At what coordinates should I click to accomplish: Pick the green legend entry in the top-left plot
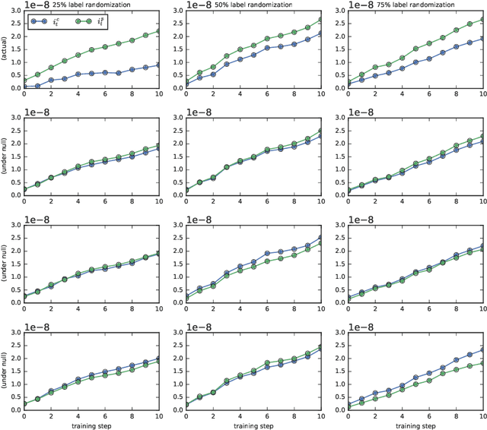[x=90, y=22]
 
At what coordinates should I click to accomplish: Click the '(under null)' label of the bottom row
[x=5, y=373]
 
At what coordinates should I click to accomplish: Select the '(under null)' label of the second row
[x=5, y=159]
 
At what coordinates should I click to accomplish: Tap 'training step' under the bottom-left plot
[x=91, y=424]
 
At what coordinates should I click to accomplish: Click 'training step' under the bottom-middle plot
[x=253, y=424]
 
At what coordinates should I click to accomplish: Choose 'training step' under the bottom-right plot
[x=415, y=424]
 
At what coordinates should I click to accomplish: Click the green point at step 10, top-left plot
[x=158, y=30]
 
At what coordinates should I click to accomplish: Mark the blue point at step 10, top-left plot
[x=158, y=65]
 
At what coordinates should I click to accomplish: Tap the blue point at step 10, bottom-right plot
[x=482, y=349]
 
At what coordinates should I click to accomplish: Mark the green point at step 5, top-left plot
[x=91, y=49]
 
